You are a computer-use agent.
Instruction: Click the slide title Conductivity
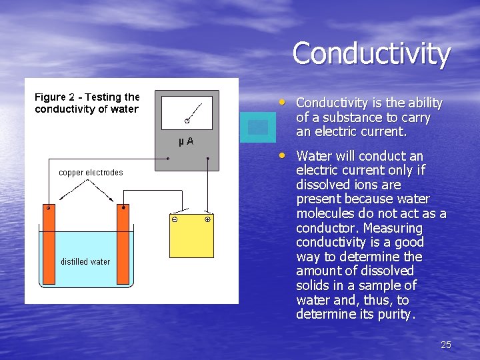pos(371,53)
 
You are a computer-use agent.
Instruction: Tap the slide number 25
pos(446,345)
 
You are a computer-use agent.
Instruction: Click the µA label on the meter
pos(186,141)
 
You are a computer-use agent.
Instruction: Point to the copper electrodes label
pos(91,173)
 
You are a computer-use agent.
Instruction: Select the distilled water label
pos(85,261)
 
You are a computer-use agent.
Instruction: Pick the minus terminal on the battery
pos(174,219)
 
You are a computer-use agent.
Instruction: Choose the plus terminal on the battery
pos(207,219)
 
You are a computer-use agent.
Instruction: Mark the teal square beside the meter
pos(257,127)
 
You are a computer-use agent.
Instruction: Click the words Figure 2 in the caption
pos(58,98)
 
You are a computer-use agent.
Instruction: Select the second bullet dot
pos(284,155)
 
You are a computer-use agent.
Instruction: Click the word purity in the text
pos(395,314)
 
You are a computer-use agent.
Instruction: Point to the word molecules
pos(324,213)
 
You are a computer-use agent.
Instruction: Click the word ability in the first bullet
pos(423,103)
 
